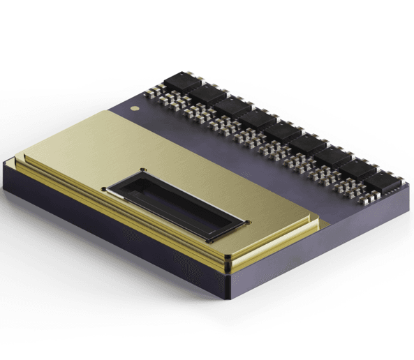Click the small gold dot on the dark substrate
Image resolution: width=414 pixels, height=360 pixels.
pos(135,109)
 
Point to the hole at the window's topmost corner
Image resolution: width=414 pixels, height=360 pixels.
pos(142,170)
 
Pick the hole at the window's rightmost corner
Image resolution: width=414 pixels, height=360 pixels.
pos(246,220)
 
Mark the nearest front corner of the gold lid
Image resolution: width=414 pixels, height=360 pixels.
pos(228,264)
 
